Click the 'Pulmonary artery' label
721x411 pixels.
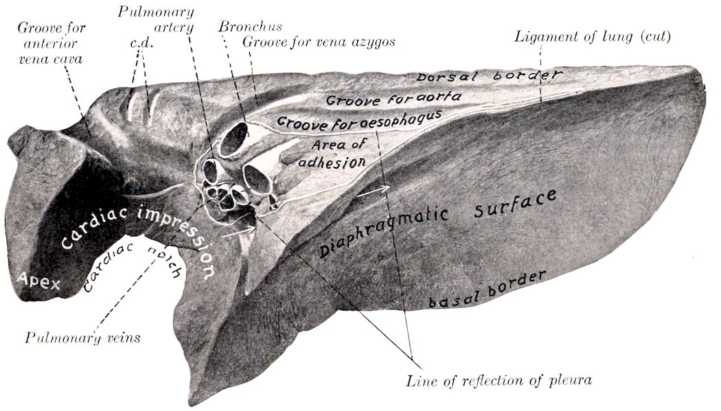click(x=156, y=19)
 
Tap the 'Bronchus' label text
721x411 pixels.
click(x=250, y=26)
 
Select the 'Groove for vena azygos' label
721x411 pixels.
click(x=319, y=42)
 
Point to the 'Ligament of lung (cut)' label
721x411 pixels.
click(x=592, y=36)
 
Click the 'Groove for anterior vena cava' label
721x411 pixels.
click(x=51, y=43)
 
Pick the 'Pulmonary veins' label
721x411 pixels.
click(x=83, y=338)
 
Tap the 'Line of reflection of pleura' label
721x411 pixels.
click(x=499, y=380)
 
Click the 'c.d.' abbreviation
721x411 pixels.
click(x=141, y=44)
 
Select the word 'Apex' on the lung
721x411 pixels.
click(x=38, y=280)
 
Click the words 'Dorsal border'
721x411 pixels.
click(x=489, y=75)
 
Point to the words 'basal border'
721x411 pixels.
click(x=487, y=289)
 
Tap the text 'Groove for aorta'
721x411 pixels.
click(x=393, y=98)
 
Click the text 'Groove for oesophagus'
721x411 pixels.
click(x=359, y=120)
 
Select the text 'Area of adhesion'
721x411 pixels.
click(x=332, y=154)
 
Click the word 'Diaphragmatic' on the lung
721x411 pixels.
click(x=383, y=232)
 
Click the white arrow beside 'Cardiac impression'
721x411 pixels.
click(x=238, y=232)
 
